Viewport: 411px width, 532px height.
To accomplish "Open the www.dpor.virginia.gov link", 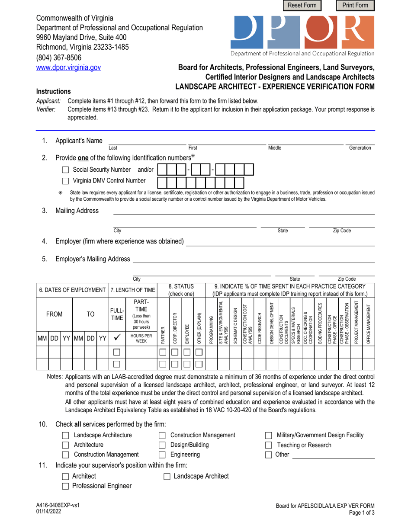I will coord(68,67).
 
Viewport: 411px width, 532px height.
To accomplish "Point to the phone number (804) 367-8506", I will coord(58,58).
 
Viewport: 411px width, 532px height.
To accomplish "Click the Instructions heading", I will coord(54,91).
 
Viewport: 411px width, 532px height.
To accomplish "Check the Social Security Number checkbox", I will coord(65,170).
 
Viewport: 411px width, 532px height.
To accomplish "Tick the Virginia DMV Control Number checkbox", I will coord(65,181).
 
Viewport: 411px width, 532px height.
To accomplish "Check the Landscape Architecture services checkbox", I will coord(66,435).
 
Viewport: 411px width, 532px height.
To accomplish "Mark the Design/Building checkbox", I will coord(162,445).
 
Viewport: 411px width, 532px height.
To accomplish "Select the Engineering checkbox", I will coord(162,455).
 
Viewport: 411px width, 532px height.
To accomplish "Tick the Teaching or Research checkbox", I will coord(268,445).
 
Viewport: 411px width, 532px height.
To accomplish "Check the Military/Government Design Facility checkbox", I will coord(268,435).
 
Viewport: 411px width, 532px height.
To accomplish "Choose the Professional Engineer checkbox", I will coord(66,486).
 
